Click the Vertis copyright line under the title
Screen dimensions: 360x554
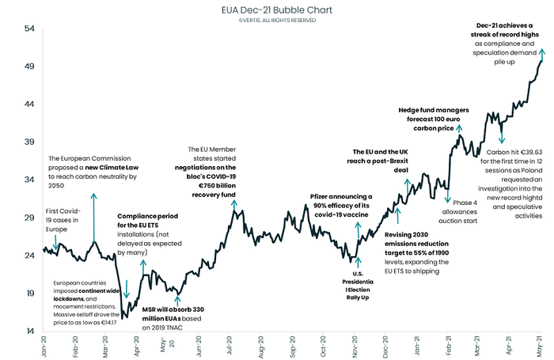[x=276, y=21]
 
